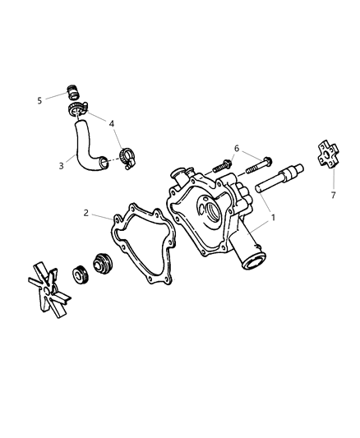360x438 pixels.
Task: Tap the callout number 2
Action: [86, 214]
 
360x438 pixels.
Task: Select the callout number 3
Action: [61, 165]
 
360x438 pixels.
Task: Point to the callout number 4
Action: [113, 124]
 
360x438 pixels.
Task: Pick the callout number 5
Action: [39, 100]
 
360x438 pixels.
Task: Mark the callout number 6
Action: [236, 149]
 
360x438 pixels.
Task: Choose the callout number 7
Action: [334, 196]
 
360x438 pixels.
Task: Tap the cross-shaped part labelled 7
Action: [327, 157]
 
